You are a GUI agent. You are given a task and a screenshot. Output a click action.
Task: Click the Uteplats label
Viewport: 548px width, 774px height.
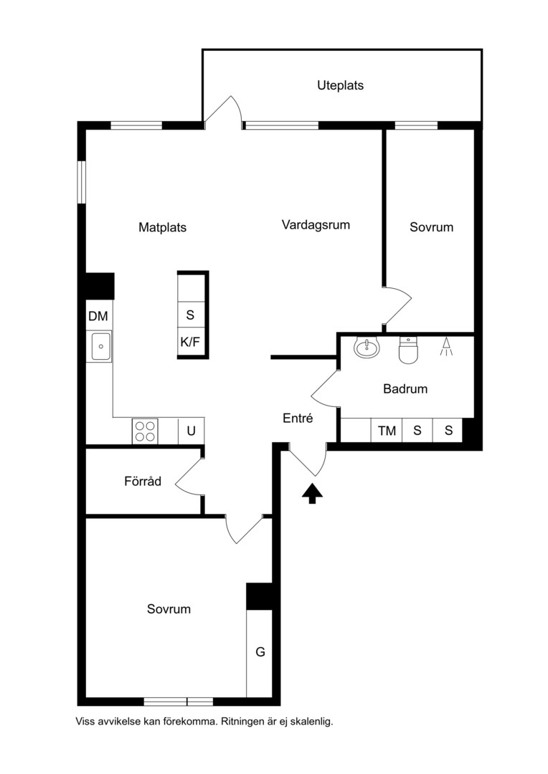340,85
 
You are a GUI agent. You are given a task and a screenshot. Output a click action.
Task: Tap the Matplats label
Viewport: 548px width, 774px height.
163,228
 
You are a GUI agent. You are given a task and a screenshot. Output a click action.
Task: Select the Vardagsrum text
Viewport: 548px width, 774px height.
316,225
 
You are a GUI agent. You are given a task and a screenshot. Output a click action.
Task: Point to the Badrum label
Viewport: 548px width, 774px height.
405,389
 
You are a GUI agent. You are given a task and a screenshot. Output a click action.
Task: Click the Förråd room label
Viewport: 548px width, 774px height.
143,481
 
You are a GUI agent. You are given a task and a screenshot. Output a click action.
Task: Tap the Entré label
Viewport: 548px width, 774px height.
298,418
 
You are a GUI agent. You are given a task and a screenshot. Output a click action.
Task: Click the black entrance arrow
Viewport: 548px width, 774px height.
312,494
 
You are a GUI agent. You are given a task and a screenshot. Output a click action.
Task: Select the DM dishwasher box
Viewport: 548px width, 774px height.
99,316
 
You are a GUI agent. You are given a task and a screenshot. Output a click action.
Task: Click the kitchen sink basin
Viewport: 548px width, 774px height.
100,345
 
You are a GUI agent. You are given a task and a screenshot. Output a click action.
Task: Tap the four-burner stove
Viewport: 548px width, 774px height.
146,431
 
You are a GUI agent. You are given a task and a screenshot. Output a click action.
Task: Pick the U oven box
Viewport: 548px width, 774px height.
192,431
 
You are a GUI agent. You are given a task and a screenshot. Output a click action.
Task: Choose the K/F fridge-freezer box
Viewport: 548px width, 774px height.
191,342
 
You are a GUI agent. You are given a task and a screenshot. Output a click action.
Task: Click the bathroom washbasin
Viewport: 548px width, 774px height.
367,347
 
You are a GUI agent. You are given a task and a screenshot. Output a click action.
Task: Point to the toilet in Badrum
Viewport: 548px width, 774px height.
408,350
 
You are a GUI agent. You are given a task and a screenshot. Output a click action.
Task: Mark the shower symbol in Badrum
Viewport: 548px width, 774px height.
446,347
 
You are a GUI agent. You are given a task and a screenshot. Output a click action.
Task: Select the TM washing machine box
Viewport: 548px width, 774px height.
387,431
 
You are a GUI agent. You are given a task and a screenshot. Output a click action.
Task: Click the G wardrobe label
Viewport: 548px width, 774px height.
260,652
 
